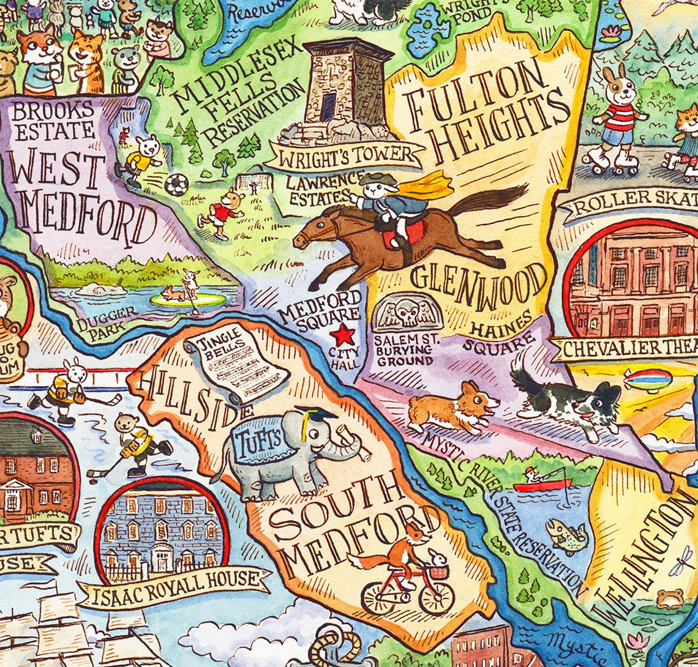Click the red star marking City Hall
coord(343,335)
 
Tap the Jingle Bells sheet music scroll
coord(236,362)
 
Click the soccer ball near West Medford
coord(176,184)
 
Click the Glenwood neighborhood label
coord(478,281)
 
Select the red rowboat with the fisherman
coord(541,485)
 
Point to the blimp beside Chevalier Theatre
coord(648,379)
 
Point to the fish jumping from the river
coord(566,535)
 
